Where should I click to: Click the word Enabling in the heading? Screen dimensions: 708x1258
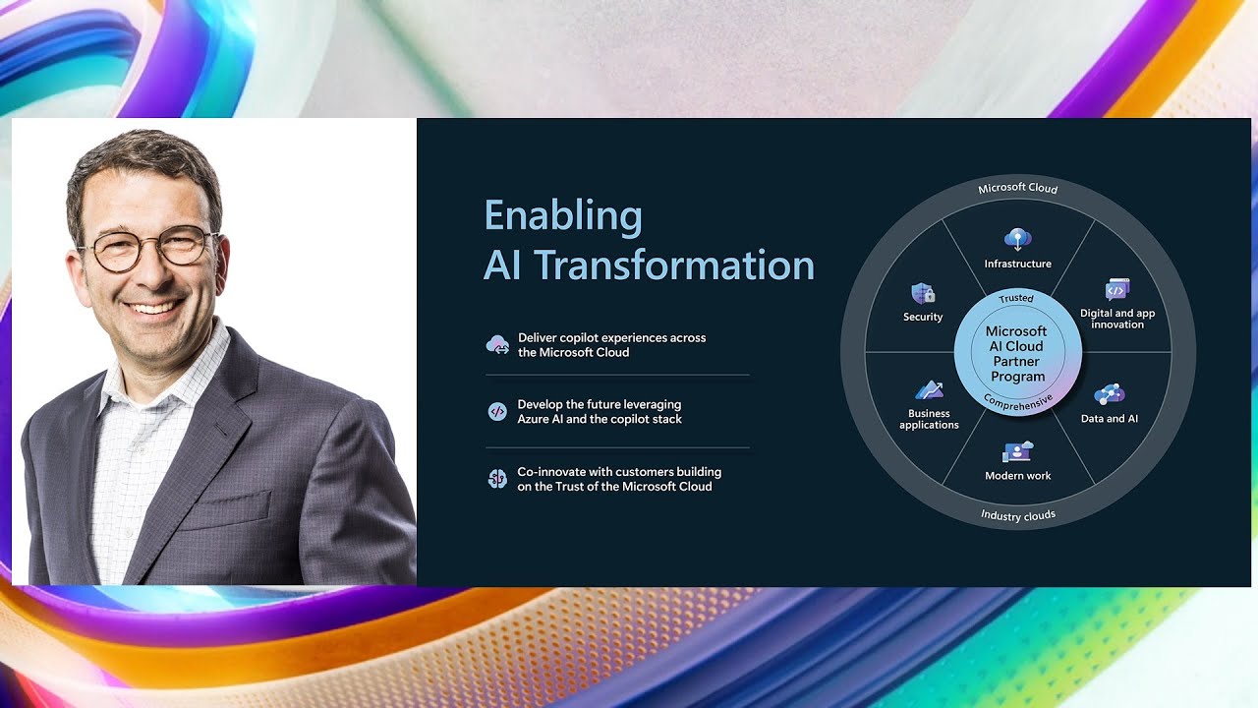coord(562,215)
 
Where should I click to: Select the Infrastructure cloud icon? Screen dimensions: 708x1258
coord(1017,239)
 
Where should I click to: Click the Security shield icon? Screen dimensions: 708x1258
coord(923,293)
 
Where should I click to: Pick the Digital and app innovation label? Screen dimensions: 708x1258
coord(1117,319)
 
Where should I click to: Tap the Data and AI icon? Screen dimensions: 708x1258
coord(1109,394)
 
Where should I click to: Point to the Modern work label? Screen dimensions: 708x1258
coord(1017,476)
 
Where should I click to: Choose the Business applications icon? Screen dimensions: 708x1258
coord(929,390)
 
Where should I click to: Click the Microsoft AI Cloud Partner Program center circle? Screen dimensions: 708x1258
coord(1017,354)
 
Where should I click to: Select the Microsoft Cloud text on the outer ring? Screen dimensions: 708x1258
coord(1017,188)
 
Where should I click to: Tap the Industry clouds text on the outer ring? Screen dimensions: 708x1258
coord(1017,515)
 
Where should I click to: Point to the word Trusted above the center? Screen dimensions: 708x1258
coord(1016,298)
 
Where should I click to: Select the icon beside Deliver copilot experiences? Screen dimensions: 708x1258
coord(497,344)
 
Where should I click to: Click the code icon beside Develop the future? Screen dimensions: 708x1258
coord(497,411)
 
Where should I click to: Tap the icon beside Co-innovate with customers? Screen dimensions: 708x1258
coord(497,479)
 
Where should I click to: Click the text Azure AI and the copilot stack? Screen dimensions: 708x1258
coord(600,419)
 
